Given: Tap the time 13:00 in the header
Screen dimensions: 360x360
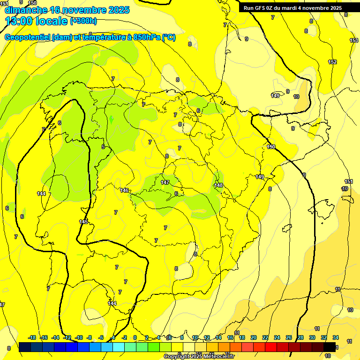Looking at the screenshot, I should (20, 21).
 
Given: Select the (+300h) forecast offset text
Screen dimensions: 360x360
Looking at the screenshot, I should (83, 21).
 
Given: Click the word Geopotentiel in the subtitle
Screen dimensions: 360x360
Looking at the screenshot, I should (27, 37).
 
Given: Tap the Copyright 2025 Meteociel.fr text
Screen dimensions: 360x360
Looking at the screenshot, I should (199, 357).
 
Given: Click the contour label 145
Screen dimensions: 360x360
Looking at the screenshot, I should (83, 222).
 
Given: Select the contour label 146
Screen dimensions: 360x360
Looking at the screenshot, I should (124, 190).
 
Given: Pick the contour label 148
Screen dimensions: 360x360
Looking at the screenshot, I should (218, 186).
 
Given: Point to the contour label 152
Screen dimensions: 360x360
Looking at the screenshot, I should (332, 62).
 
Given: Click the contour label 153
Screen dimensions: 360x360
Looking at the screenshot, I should (354, 41).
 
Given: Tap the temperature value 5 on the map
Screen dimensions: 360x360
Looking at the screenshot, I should (103, 147).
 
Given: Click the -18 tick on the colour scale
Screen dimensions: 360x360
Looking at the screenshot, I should (32, 337).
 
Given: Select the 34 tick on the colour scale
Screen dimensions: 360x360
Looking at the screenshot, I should (336, 337).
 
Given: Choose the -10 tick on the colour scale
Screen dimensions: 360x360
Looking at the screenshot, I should (79, 337).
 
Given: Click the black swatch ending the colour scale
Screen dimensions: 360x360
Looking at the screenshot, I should (330, 347).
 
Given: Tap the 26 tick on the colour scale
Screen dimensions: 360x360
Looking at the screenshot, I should (289, 337).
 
